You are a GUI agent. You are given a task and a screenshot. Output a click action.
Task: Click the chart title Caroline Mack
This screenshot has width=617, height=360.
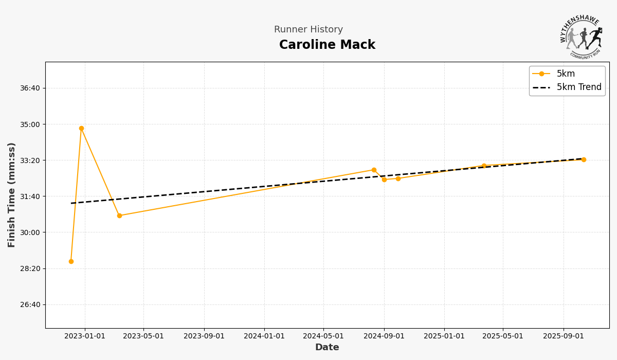click(327, 45)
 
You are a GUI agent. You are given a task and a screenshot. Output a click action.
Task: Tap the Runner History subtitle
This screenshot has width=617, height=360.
click(308, 30)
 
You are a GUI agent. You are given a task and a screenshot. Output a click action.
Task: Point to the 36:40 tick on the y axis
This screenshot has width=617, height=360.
click(30, 88)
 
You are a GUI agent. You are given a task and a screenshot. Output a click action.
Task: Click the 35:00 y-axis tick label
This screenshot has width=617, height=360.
click(30, 124)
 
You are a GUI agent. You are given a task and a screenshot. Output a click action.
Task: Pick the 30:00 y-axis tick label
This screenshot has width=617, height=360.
click(30, 232)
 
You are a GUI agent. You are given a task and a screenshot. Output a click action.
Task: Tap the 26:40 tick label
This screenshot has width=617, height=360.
click(30, 304)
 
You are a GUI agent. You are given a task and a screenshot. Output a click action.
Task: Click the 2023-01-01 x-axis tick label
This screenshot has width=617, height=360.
click(85, 336)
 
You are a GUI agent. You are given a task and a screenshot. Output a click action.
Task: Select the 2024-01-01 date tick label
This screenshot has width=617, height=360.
click(264, 336)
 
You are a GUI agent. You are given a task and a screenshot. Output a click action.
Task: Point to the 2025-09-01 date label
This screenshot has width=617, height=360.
click(564, 336)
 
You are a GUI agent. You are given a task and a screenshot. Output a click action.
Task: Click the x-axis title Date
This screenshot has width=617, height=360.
click(327, 348)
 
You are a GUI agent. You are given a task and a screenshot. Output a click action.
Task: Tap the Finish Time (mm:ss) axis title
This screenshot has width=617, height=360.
click(12, 195)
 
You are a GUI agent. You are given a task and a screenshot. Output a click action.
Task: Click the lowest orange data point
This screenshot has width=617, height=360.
click(71, 261)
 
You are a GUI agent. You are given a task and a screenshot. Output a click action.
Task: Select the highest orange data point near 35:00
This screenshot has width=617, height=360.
click(81, 128)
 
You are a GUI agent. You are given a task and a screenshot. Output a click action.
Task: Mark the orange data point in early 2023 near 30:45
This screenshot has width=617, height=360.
click(119, 215)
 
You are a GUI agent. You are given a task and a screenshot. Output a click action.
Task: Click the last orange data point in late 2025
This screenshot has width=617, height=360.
click(584, 159)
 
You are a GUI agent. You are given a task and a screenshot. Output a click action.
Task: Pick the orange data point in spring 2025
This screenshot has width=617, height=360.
click(484, 166)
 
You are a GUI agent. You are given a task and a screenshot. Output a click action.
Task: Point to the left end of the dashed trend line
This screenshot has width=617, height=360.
click(71, 203)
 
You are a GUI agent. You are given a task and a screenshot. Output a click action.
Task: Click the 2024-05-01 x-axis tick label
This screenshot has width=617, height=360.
click(323, 336)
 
